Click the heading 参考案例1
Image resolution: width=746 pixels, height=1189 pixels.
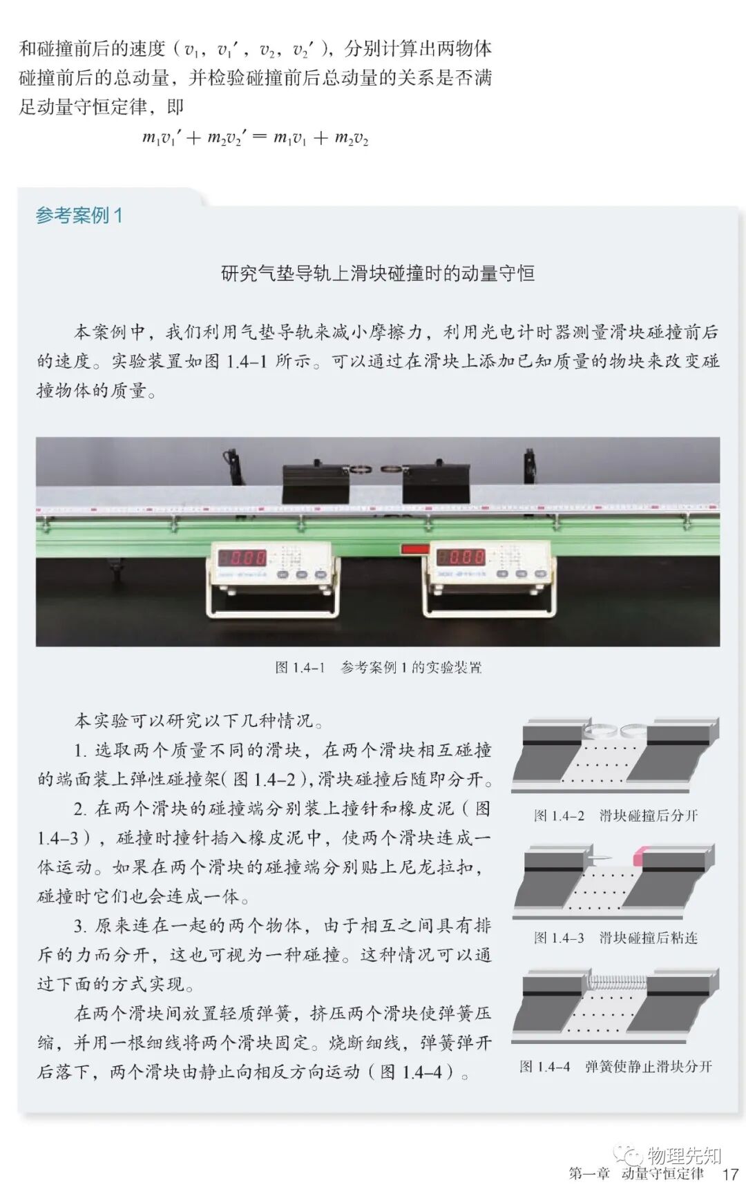[79, 215]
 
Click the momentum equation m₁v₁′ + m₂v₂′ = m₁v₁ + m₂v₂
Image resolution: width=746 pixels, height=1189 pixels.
[255, 137]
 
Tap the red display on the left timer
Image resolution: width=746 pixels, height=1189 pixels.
[242, 557]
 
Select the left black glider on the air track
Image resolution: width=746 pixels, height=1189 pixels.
[316, 484]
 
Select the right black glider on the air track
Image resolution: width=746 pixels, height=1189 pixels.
[437, 484]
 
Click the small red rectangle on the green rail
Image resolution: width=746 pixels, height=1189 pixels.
[415, 550]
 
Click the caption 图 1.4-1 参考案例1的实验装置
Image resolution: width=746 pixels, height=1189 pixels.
[378, 668]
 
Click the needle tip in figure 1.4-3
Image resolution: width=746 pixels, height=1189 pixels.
[600, 857]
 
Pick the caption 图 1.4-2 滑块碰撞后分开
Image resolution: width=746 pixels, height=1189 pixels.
[615, 815]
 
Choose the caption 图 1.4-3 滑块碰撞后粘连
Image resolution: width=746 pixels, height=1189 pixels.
[615, 938]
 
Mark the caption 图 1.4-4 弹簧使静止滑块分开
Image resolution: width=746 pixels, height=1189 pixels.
[615, 1067]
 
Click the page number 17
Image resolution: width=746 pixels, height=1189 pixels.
[730, 1174]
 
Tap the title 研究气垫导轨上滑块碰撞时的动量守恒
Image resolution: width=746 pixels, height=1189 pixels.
[378, 273]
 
